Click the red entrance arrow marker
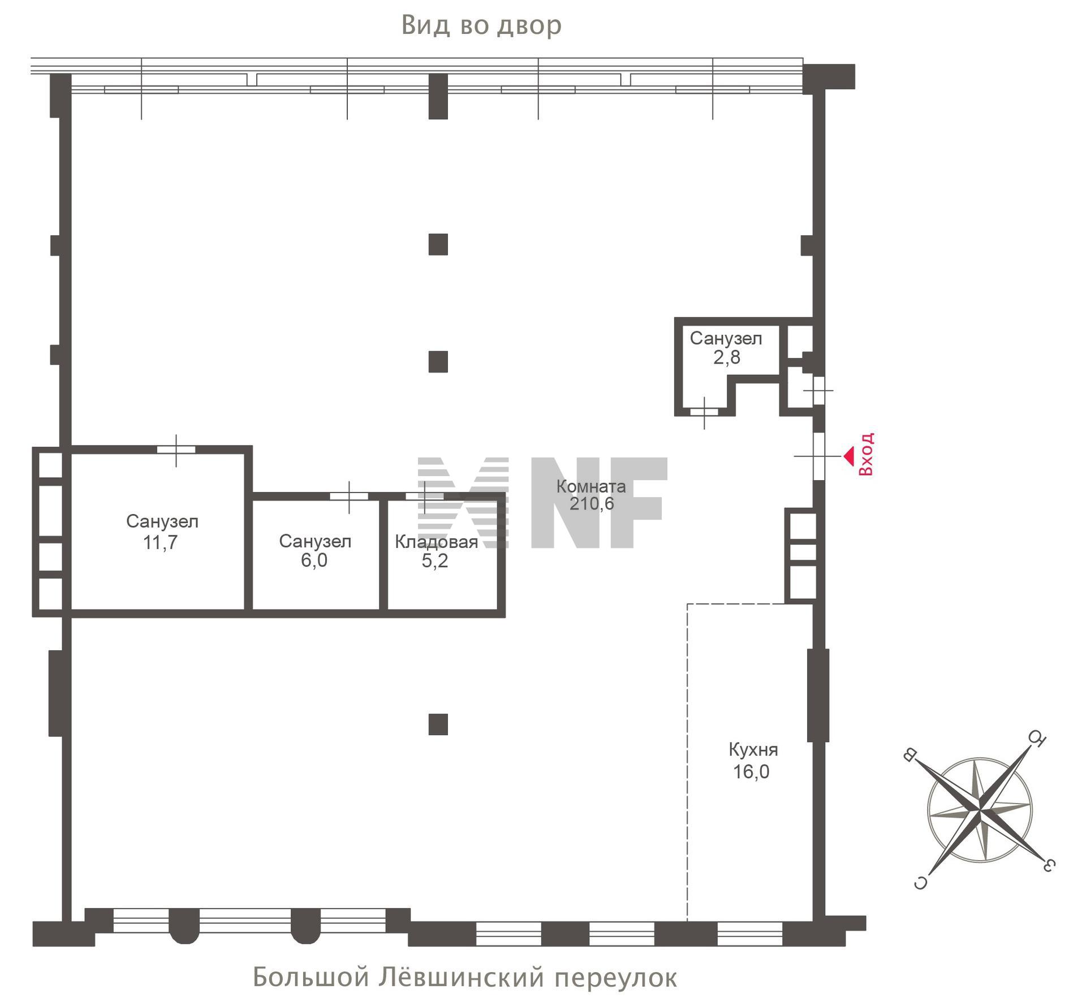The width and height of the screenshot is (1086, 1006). click(x=848, y=456)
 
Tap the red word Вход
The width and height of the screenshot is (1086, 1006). click(x=866, y=454)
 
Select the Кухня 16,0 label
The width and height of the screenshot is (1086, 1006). click(x=753, y=761)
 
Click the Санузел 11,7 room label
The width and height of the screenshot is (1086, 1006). click(x=162, y=532)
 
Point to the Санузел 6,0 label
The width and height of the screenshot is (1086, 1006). click(x=314, y=551)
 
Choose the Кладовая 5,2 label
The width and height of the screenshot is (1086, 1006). click(x=436, y=551)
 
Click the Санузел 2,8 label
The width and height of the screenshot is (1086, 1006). click(x=726, y=348)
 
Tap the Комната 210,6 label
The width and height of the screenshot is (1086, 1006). click(x=591, y=495)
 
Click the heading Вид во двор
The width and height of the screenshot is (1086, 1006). click(x=481, y=25)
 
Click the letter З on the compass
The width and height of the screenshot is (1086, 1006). click(x=1048, y=865)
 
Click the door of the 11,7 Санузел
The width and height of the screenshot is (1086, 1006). click(x=176, y=450)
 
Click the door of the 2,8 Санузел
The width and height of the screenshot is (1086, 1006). click(x=704, y=412)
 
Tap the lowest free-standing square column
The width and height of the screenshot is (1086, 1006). click(x=438, y=724)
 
